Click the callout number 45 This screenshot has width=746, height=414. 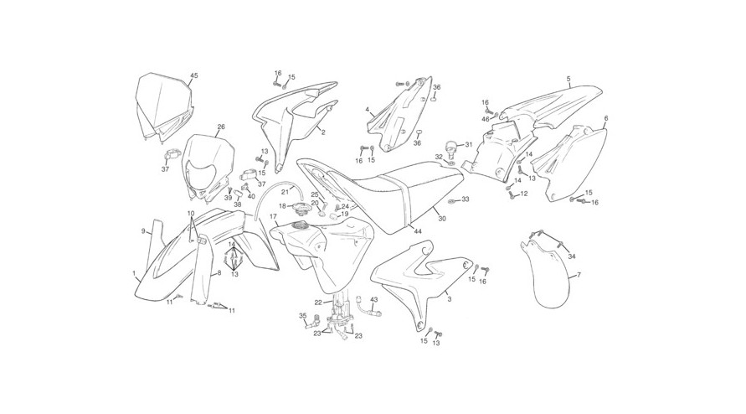tap(193, 75)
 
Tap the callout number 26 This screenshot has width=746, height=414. tap(221, 127)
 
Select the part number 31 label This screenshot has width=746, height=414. tap(469, 144)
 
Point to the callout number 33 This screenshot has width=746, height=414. tap(466, 199)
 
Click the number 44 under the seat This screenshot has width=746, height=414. tap(418, 231)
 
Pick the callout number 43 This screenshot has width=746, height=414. tap(374, 299)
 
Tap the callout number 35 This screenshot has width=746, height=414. tap(302, 315)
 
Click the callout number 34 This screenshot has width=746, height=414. tap(572, 256)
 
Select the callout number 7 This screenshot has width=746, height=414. tap(579, 275)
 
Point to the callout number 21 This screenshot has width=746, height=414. tap(285, 192)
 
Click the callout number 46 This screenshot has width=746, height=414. tap(486, 119)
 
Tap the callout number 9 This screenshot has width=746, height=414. tap(143, 231)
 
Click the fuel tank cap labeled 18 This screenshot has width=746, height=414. tap(299, 207)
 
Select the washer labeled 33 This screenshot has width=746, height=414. tap(451, 200)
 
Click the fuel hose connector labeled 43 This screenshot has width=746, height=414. tap(370, 308)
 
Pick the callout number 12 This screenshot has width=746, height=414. tap(524, 194)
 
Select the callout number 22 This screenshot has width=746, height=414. tap(318, 302)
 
